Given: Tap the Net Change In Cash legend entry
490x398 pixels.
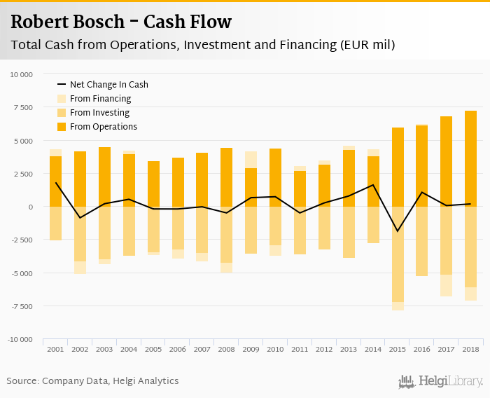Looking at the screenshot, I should pyautogui.click(x=108, y=85).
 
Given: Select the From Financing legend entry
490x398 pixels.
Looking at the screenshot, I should pyautogui.click(x=100, y=99).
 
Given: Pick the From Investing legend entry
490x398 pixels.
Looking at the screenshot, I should pyautogui.click(x=99, y=113).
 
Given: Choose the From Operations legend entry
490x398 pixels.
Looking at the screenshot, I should pyautogui.click(x=103, y=127).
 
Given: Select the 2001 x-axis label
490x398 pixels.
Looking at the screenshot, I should pyautogui.click(x=55, y=349).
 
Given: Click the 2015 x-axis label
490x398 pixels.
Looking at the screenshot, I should pyautogui.click(x=398, y=349).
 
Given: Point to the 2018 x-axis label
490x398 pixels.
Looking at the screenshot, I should pyautogui.click(x=470, y=349).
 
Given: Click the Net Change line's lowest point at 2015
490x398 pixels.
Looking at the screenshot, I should pyautogui.click(x=398, y=231).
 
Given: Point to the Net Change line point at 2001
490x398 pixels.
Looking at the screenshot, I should pyautogui.click(x=55, y=183).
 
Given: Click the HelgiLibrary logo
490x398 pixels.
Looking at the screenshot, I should pyautogui.click(x=440, y=381).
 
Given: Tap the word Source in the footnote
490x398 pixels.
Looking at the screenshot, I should pyautogui.click(x=22, y=381).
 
